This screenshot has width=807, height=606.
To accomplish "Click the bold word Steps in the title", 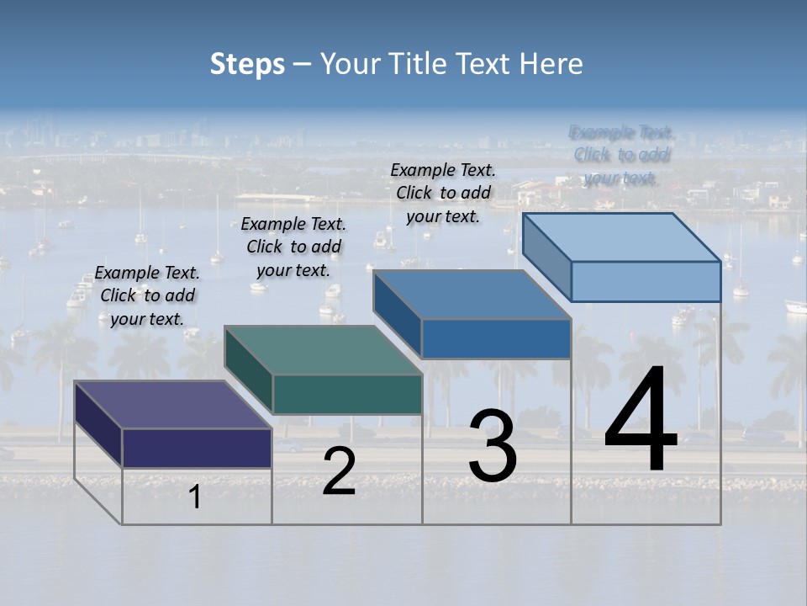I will pyautogui.click(x=247, y=64).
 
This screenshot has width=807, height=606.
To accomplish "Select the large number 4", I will pyautogui.click(x=641, y=421).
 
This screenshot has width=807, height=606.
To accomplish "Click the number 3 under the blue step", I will pyautogui.click(x=493, y=446).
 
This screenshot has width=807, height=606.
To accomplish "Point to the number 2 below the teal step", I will pyautogui.click(x=339, y=471).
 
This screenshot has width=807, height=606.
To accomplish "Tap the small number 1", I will pyautogui.click(x=195, y=497).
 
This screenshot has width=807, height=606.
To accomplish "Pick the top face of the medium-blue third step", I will pyautogui.click(x=472, y=295).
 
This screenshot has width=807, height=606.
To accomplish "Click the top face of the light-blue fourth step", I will pyautogui.click(x=621, y=237).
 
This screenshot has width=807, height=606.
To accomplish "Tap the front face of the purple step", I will pyautogui.click(x=197, y=448).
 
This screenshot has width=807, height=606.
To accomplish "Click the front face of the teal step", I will pyautogui.click(x=347, y=394).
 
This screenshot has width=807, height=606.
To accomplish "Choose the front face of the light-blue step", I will pyautogui.click(x=646, y=281).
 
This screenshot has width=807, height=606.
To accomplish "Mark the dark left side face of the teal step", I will pyautogui.click(x=249, y=370).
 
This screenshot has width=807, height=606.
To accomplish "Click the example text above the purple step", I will pyautogui.click(x=147, y=295).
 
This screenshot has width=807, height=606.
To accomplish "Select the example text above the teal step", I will pyautogui.click(x=293, y=247).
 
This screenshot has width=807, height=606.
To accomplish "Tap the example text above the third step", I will pyautogui.click(x=443, y=193).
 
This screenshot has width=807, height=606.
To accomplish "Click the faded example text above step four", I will pyautogui.click(x=621, y=155).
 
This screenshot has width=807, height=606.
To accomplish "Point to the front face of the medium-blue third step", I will pyautogui.click(x=496, y=338).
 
